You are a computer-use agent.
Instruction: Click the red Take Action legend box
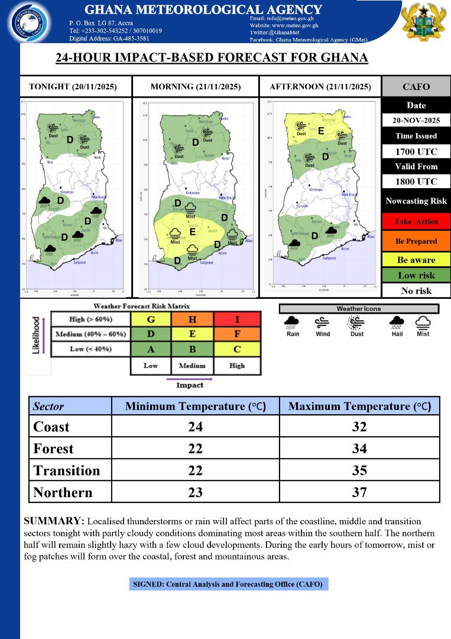click(x=416, y=221)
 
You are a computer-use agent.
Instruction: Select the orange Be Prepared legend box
click(x=416, y=241)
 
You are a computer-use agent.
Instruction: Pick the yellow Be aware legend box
click(x=416, y=260)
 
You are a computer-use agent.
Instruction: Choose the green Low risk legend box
click(x=416, y=275)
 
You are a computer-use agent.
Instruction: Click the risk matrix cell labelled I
click(x=237, y=319)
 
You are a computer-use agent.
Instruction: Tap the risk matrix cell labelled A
click(x=151, y=349)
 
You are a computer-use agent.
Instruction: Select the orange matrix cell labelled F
click(x=237, y=334)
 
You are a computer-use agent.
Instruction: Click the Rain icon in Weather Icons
click(x=293, y=322)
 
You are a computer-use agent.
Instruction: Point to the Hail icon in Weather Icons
click(x=395, y=322)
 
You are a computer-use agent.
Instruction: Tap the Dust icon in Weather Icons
click(x=357, y=322)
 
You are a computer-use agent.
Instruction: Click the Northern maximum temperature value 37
click(x=359, y=492)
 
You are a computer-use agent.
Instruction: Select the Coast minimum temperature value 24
click(x=194, y=427)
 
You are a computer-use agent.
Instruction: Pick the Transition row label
click(x=67, y=470)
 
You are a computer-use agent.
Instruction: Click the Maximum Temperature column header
click(x=359, y=406)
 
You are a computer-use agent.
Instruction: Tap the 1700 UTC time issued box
click(x=416, y=151)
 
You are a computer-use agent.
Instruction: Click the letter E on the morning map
click(x=193, y=232)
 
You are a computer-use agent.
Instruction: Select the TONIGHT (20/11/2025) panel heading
click(x=73, y=87)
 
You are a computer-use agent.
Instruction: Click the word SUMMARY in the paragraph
click(x=53, y=521)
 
